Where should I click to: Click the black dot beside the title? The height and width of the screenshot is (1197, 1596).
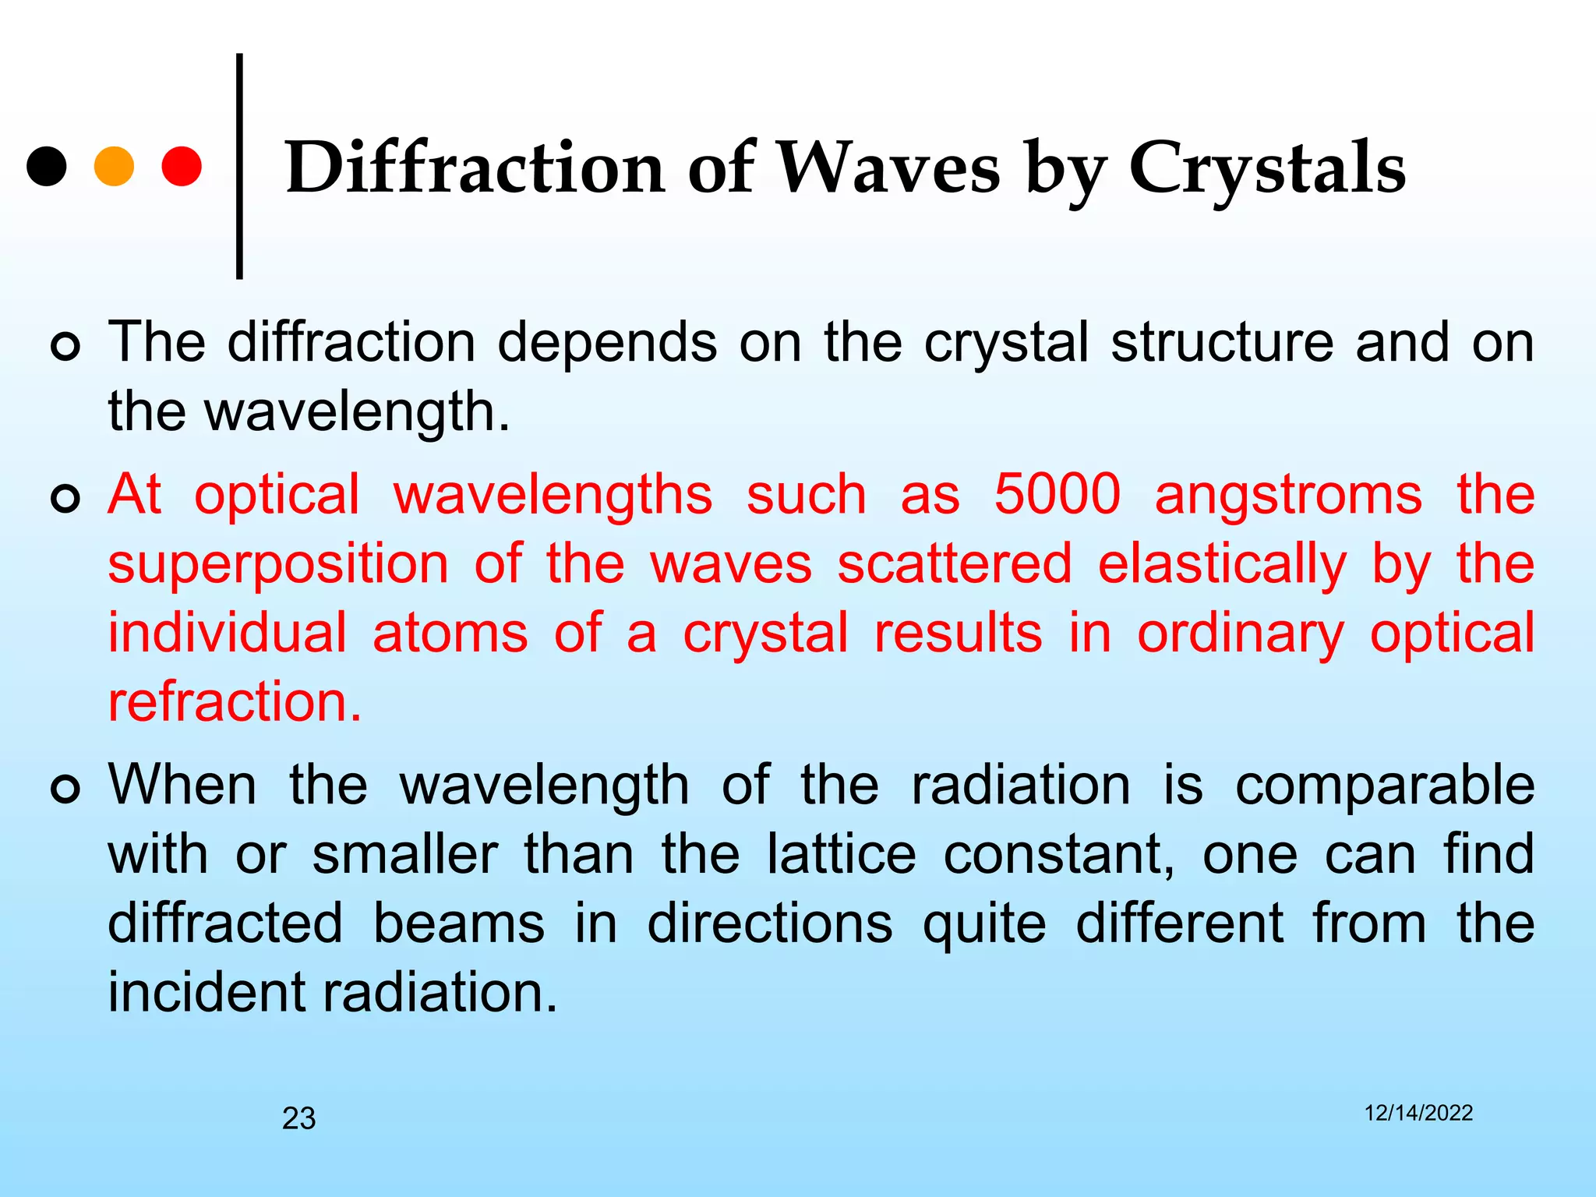(47, 166)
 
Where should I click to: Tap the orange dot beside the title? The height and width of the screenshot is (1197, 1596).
(114, 166)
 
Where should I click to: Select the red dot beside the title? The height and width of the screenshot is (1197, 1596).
(182, 166)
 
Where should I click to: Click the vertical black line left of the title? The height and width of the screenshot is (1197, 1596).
(239, 166)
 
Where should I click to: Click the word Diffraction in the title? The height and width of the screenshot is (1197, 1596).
(475, 168)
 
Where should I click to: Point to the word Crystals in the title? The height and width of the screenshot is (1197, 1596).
(1267, 168)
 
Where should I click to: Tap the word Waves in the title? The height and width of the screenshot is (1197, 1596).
(889, 168)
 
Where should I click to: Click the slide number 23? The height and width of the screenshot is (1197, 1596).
(298, 1118)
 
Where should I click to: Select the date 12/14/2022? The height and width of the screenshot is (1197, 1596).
(1418, 1113)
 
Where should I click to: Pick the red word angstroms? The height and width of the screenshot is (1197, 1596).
(1288, 496)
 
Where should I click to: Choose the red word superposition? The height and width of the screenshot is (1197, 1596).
(278, 564)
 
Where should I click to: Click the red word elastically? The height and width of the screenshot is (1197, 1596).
(1222, 564)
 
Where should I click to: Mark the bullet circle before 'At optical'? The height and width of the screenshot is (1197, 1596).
(65, 498)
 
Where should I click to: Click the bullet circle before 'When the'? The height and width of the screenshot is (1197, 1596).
(65, 789)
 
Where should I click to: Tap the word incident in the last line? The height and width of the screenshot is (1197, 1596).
(207, 992)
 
